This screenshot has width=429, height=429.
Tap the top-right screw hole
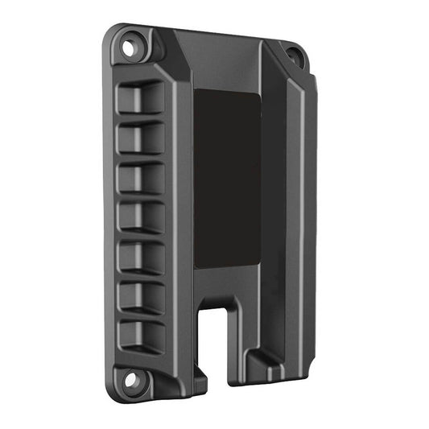click(295, 57)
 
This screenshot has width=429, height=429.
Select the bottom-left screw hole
click(126, 378)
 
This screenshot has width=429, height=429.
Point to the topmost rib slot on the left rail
click(141, 98)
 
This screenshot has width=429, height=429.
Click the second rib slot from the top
click(141, 138)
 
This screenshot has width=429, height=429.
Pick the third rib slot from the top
click(141, 178)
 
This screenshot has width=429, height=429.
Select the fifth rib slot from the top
click(141, 257)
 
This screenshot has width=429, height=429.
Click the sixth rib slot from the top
click(141, 296)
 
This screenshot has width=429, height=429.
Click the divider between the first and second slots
click(141, 118)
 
